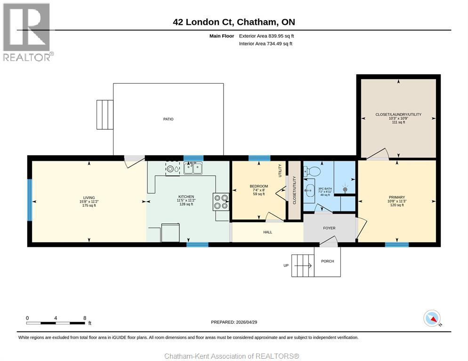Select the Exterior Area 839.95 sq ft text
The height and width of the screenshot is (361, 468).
[266, 36]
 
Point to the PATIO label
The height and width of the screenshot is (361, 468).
[168, 119]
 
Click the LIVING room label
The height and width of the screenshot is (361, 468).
[89, 197]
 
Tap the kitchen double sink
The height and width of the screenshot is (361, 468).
[193, 167]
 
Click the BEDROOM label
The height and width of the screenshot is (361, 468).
[258, 186]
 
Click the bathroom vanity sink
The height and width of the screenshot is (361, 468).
[310, 190]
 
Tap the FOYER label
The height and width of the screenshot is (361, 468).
[329, 228]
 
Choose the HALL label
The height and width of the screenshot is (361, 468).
[267, 232]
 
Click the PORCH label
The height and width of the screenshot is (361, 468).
[327, 261]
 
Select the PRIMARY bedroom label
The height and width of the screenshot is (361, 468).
[397, 197]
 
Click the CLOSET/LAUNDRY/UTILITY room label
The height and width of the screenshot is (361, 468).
[398, 114]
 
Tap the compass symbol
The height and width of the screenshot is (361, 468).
[432, 318]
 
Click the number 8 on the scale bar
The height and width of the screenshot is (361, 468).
[84, 318]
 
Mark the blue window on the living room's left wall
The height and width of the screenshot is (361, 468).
[30, 200]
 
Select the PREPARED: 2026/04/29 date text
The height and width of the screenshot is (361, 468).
[234, 322]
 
